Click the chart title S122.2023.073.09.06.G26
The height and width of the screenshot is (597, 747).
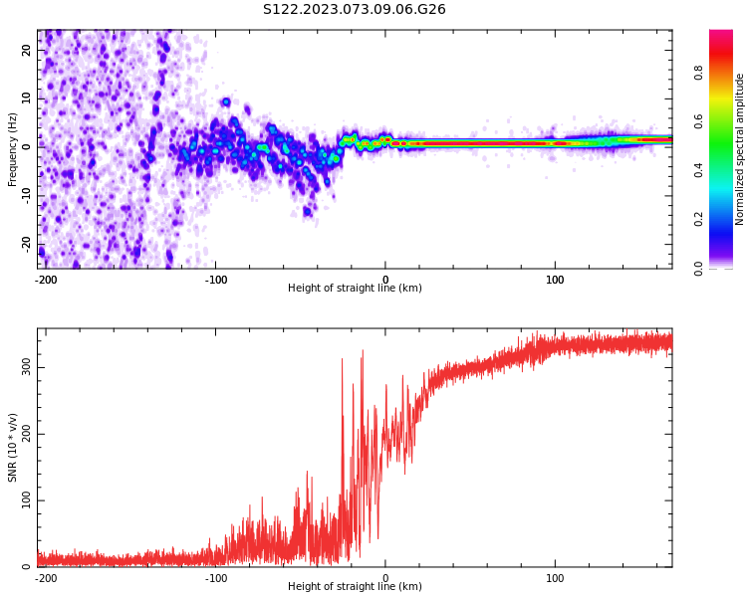(x=355, y=10)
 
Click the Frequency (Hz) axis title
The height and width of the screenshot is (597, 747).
(x=13, y=149)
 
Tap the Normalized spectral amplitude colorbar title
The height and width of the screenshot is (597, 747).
(x=740, y=149)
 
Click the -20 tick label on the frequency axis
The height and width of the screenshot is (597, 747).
(x=26, y=244)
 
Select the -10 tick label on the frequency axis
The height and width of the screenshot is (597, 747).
(x=26, y=195)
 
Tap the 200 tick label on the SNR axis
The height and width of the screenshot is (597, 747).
(x=25, y=434)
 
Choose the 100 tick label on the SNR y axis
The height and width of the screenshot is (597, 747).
(x=25, y=500)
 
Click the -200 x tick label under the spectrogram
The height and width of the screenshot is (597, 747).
(x=46, y=280)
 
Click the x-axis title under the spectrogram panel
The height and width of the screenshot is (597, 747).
(x=355, y=289)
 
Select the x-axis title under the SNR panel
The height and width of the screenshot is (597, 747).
(x=355, y=587)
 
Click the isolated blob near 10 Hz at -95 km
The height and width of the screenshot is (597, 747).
(x=226, y=101)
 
